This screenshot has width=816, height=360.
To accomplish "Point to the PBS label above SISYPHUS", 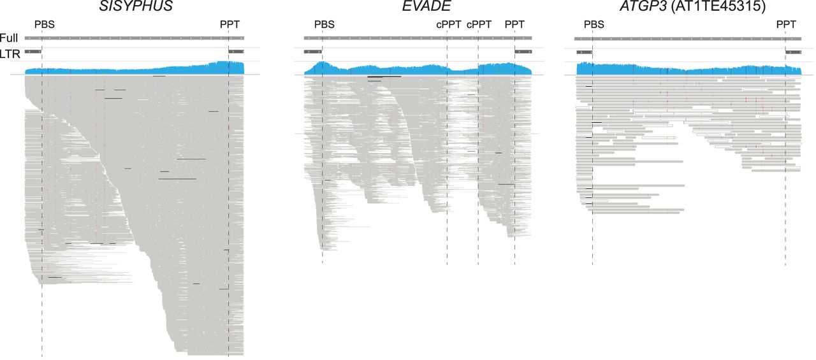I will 45,25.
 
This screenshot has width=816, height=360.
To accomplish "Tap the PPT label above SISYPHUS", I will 230,25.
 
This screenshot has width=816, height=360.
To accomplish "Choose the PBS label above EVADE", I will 324,25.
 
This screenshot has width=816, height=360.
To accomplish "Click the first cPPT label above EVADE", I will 448,25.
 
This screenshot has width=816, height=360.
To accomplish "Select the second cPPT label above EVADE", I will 479,25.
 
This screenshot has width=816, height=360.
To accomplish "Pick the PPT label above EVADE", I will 514,25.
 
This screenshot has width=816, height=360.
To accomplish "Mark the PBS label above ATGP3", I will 594,25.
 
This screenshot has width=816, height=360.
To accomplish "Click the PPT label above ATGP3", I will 786,25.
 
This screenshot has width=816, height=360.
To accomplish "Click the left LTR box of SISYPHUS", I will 33,51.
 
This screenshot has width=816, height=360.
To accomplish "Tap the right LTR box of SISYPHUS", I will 236,51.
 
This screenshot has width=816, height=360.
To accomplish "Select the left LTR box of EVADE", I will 313,51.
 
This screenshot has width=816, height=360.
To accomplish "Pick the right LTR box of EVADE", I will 523,51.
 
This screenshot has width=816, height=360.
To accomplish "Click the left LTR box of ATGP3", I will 584,51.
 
